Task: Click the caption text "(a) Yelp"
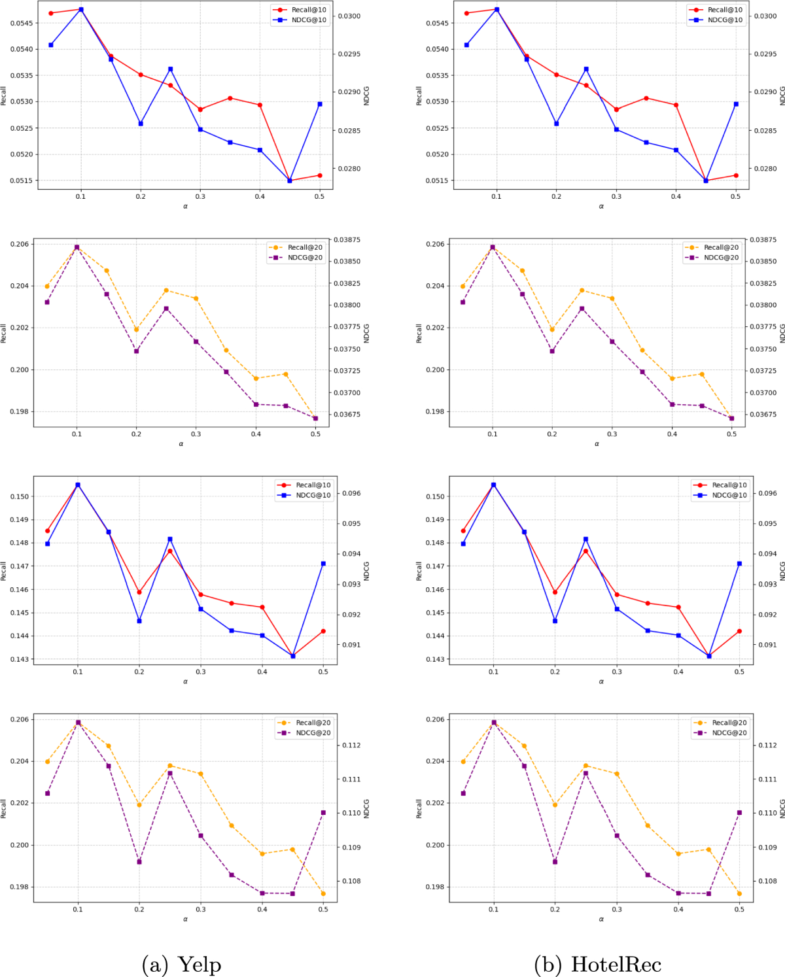point(181,965)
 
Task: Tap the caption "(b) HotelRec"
point(597,965)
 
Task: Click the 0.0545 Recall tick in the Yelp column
point(22,23)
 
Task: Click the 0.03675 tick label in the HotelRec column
point(763,415)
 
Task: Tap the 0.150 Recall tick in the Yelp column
point(20,496)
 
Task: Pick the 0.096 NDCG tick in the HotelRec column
point(767,494)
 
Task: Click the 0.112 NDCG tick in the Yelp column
point(351,746)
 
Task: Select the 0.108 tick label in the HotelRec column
point(767,881)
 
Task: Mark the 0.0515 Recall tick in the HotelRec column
point(438,180)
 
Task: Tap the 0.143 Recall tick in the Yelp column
point(20,659)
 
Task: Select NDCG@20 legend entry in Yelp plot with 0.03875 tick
point(305,258)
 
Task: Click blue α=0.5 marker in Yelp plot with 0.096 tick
point(323,563)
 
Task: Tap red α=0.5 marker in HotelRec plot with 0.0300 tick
point(736,175)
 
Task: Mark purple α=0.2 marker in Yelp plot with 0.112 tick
point(139,862)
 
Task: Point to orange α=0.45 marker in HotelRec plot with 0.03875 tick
point(702,374)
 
